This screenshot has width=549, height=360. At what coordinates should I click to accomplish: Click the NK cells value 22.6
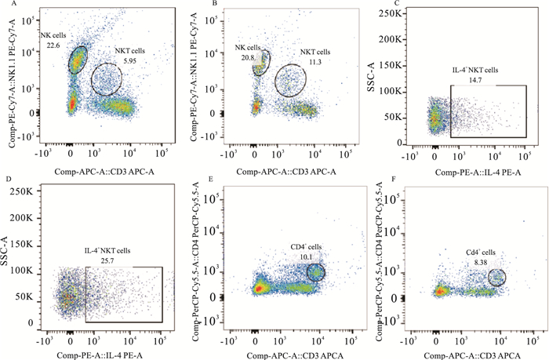coord(54,45)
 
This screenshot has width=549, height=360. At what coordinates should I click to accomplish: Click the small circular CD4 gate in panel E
coord(314,272)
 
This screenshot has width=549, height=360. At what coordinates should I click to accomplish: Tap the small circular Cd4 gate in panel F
coord(497,278)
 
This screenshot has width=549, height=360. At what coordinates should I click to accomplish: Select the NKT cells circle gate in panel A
coord(107,79)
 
